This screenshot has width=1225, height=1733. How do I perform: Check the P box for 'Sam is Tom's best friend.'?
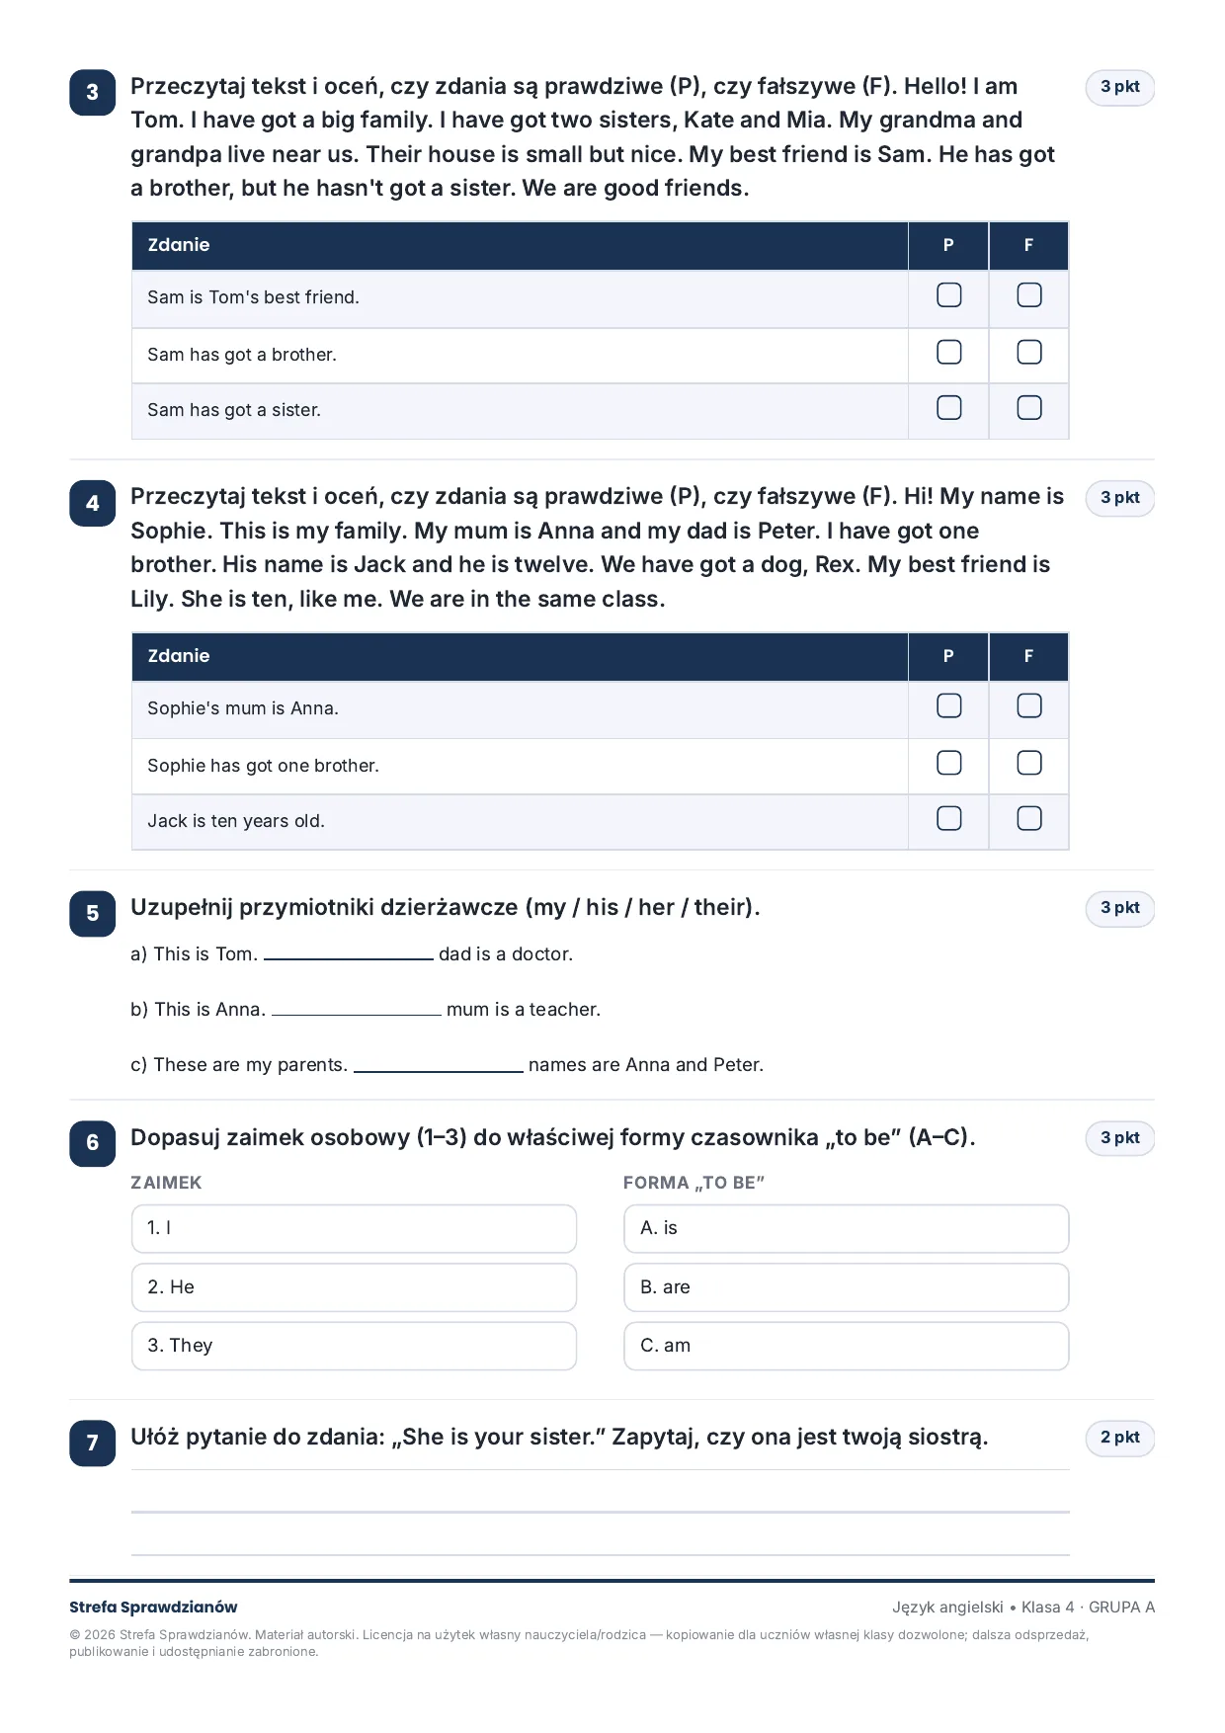948,295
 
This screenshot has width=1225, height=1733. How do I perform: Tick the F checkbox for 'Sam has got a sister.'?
1029,408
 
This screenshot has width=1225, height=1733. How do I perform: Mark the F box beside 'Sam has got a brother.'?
1029,353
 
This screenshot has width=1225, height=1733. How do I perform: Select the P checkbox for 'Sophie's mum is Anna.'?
948,705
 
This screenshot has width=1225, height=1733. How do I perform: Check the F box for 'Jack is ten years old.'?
1029,818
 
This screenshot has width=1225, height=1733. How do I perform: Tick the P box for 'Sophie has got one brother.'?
948,763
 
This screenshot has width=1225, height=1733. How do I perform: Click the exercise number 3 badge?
93,92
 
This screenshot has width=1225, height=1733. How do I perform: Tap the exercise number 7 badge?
93,1443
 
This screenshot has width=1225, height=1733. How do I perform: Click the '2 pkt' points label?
1120,1438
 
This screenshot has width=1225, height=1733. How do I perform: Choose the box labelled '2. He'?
354,1287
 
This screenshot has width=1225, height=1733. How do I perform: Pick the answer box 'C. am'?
847,1346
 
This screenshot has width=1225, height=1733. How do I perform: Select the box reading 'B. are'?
847,1287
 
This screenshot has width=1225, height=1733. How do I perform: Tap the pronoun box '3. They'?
354,1346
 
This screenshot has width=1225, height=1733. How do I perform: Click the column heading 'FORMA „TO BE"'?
694,1183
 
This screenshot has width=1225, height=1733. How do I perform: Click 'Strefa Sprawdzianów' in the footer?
153,1608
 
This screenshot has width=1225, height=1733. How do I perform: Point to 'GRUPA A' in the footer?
1121,1608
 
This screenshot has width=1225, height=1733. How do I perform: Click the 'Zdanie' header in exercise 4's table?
179,656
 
